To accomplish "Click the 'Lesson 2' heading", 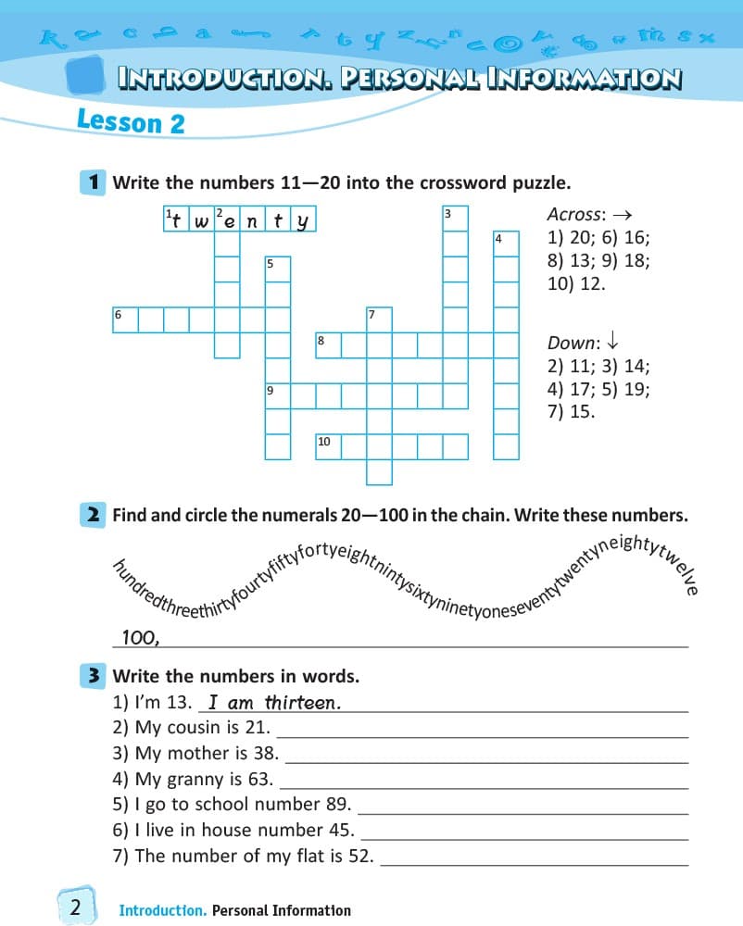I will (x=131, y=120).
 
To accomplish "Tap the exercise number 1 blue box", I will (x=94, y=181).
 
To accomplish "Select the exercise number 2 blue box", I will (x=94, y=514).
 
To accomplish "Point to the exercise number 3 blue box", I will (x=94, y=676).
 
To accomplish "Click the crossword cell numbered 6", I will (x=125, y=319).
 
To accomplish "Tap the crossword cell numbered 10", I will (x=328, y=446).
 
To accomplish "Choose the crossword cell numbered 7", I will (x=378, y=319).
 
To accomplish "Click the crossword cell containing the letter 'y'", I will (x=302, y=220).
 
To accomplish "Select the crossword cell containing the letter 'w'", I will (x=202, y=220).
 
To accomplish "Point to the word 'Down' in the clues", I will (x=569, y=343).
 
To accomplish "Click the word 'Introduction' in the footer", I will (x=162, y=910).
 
